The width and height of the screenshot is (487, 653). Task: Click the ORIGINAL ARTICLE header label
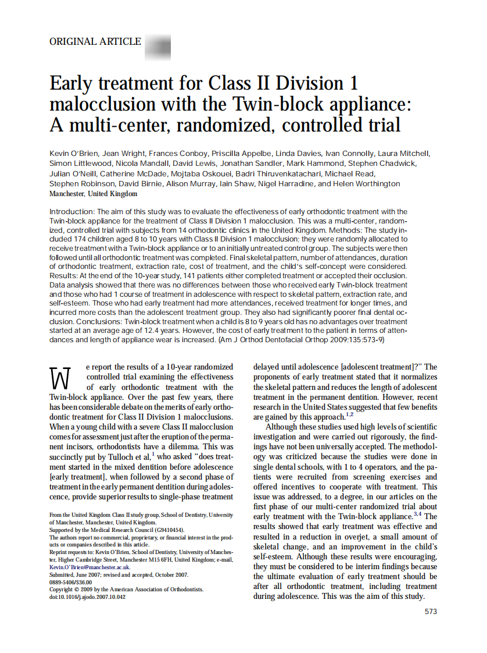(x=95, y=42)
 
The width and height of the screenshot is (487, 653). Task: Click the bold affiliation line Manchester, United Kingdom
(x=94, y=194)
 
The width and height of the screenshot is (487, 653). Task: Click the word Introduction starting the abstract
(x=72, y=212)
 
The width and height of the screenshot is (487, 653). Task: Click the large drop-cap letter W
(x=61, y=378)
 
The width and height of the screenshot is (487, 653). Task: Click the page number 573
(x=430, y=612)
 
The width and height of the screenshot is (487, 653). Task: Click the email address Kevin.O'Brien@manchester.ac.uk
(x=89, y=566)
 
